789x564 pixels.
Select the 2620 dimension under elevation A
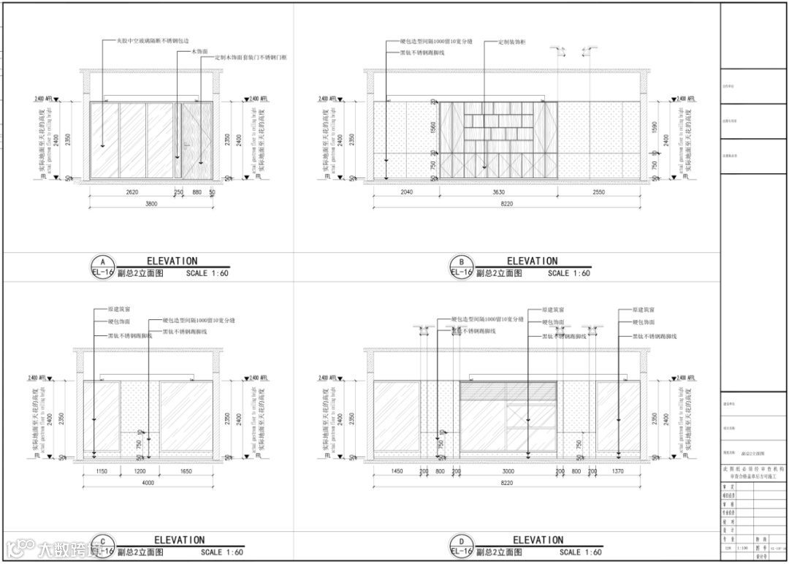click(131, 192)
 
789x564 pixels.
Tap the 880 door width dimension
click(197, 192)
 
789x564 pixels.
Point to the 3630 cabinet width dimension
click(499, 192)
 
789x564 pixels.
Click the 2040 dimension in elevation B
click(406, 192)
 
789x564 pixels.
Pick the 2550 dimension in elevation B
click(598, 192)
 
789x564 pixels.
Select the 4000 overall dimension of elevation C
click(148, 483)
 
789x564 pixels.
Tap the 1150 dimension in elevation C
click(102, 472)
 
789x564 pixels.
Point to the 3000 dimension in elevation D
click(508, 472)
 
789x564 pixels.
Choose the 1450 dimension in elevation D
click(397, 472)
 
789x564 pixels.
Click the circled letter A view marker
click(102, 262)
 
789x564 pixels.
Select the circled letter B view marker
click(461, 262)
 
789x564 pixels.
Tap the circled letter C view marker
click(102, 541)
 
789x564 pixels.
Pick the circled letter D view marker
click(461, 541)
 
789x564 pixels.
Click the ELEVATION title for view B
click(532, 261)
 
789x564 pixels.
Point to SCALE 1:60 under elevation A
click(207, 273)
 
